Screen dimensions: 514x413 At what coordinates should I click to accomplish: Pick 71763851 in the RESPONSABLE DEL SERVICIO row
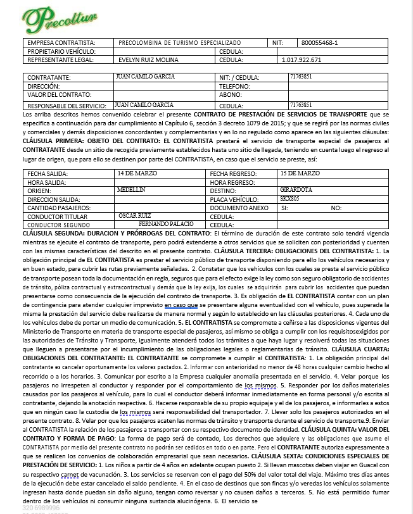(300, 104)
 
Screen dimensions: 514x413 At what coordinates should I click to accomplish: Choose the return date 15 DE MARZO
(300, 172)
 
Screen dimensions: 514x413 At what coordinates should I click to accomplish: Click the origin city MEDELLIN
(132, 189)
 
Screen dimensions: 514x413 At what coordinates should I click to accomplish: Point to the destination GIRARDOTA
(295, 189)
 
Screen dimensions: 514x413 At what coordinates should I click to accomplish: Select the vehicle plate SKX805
(290, 198)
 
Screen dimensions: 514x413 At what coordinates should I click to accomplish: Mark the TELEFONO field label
(234, 86)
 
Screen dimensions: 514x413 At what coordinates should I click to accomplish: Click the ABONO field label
(230, 95)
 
